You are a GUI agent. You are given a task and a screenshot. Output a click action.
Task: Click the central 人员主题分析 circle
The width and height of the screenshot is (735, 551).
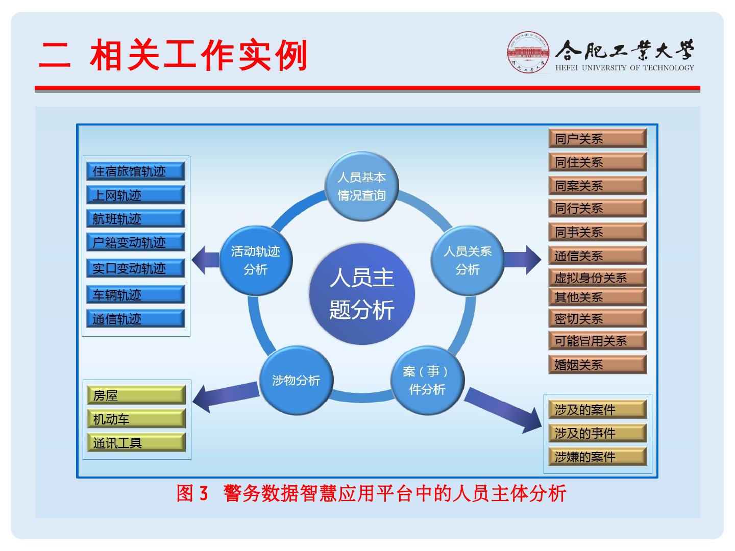coord(362,294)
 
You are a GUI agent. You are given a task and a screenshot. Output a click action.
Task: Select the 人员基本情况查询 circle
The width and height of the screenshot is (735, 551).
coord(362,186)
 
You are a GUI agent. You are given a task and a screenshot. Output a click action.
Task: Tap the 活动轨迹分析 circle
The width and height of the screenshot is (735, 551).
coord(256,260)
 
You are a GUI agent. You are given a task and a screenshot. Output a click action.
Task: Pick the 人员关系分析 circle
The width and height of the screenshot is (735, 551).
coord(468,260)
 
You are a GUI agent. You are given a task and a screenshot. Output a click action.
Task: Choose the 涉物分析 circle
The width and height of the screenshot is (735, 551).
coord(296,380)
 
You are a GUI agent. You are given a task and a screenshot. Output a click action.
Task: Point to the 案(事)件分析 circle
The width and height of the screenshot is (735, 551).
coord(427,380)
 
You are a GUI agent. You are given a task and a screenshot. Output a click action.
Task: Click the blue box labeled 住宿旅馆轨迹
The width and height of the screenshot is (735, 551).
coord(136,171)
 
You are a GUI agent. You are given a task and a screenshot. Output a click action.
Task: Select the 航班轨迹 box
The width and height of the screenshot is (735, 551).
coord(136,219)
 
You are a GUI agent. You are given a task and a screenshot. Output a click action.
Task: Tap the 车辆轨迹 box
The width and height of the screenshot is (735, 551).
coord(136,294)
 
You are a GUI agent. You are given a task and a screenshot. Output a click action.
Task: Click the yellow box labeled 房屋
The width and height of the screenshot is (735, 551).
coord(136,395)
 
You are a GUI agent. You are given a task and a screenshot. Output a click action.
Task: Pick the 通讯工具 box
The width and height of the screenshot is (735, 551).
coord(136,442)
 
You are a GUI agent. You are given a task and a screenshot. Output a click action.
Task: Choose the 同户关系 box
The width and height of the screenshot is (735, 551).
coord(598,138)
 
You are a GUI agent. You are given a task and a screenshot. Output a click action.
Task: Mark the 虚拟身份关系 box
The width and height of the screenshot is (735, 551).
coord(598,278)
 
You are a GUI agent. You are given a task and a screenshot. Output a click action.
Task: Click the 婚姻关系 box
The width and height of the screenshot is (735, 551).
coord(598,364)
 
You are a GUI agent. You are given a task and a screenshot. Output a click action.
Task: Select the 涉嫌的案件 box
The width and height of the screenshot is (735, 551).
coord(598,457)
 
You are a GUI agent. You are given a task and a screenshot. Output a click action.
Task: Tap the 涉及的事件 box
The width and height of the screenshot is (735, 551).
coord(598,433)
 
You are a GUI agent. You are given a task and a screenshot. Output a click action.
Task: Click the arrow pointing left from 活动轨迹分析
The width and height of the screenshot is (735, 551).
coord(205,260)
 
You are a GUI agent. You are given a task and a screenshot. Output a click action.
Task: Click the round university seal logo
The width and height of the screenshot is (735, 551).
coord(528,53)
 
